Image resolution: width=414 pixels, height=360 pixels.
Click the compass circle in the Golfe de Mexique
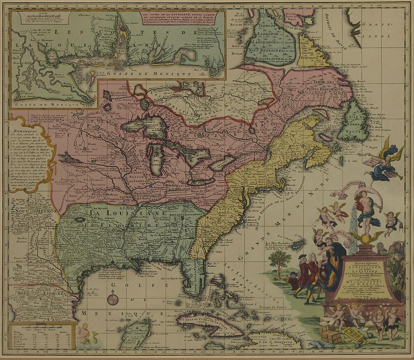(113, 299)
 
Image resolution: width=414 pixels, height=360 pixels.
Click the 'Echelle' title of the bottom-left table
(37, 323)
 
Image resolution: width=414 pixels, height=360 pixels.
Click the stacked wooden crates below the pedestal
(330, 334)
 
